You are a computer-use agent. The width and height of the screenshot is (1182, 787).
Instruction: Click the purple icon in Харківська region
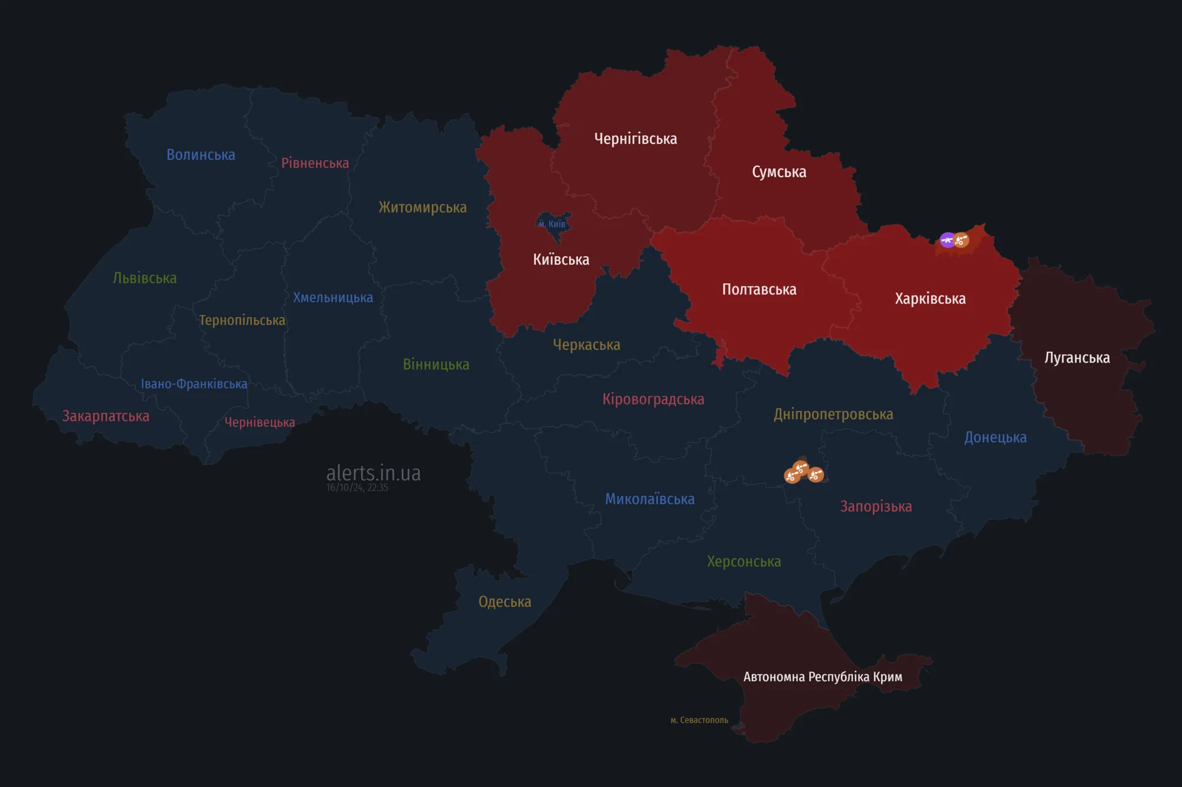(x=947, y=240)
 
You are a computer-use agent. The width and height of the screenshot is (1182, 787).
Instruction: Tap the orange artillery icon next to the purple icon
(x=962, y=240)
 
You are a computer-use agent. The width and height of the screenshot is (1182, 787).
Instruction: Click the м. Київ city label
(x=552, y=224)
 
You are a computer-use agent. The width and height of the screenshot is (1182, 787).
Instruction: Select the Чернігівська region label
(x=635, y=139)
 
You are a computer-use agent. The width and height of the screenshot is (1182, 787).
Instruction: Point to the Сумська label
(x=779, y=172)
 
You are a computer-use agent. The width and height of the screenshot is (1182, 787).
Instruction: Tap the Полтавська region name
(x=759, y=289)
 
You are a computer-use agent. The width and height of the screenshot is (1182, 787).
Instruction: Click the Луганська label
(x=1077, y=358)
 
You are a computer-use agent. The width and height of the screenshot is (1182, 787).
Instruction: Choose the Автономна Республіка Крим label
(x=822, y=677)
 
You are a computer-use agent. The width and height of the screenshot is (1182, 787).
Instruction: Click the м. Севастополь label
(x=699, y=720)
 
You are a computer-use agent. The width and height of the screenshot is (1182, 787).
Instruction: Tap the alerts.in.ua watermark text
(x=374, y=473)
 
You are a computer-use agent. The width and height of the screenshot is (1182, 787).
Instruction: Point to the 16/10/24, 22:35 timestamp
(x=357, y=488)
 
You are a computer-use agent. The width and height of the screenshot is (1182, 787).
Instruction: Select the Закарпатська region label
(x=106, y=416)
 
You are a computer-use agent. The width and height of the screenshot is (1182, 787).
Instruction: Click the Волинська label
(x=200, y=155)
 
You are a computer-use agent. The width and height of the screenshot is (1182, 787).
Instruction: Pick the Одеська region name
(x=505, y=602)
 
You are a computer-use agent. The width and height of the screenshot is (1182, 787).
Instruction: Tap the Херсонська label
(x=743, y=561)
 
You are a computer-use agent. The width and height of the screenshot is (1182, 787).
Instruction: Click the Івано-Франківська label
(x=194, y=384)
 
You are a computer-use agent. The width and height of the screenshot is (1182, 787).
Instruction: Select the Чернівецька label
(x=259, y=422)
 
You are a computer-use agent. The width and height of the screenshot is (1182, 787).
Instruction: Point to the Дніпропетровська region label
(x=833, y=414)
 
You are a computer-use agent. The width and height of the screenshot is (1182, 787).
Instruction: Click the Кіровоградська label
(x=653, y=399)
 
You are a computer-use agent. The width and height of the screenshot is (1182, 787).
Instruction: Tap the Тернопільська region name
(x=242, y=320)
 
